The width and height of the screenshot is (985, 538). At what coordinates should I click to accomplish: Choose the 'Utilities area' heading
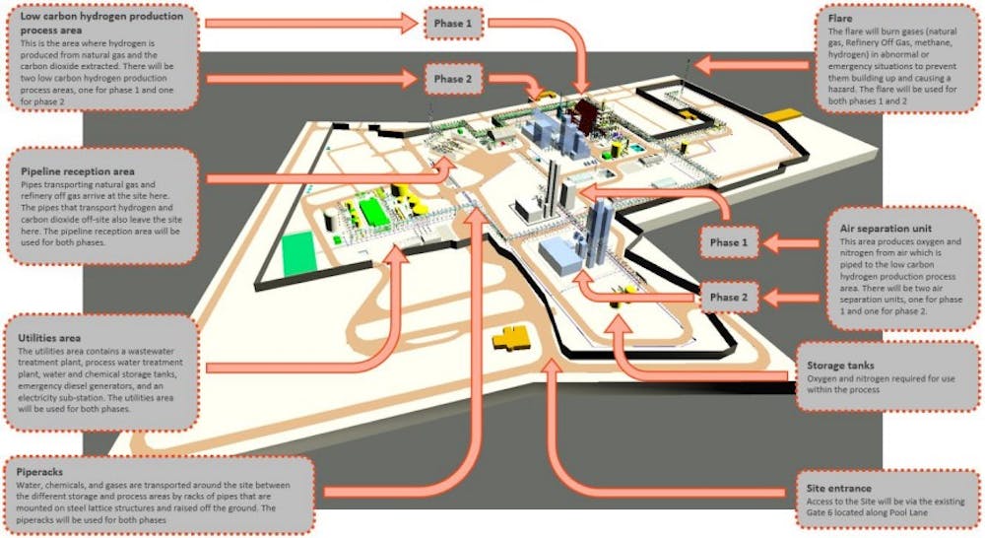tap(57, 336)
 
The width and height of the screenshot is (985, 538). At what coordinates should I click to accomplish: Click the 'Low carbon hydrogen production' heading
tap(88, 17)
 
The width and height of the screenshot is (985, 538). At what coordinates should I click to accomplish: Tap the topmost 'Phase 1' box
tap(453, 22)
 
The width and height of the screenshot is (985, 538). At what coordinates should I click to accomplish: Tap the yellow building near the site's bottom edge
tap(514, 337)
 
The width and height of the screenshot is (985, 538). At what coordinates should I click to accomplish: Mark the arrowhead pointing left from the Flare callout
tap(701, 65)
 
